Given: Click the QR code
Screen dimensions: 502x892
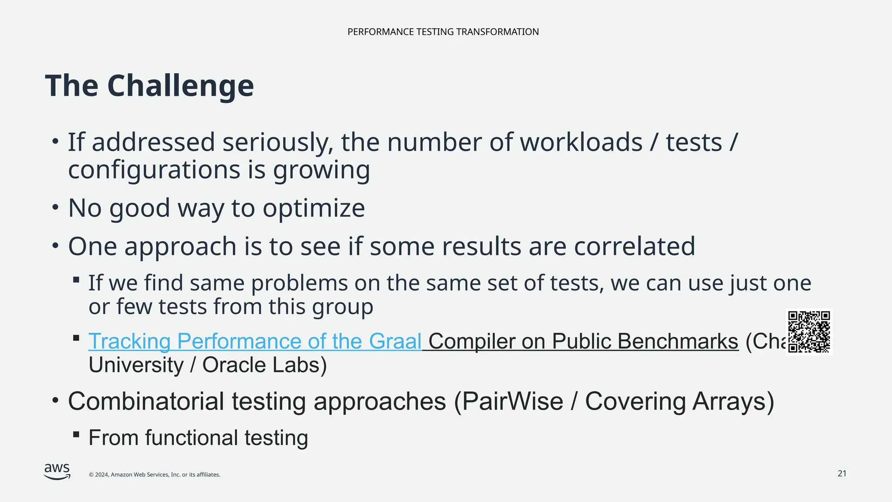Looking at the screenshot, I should [x=809, y=332].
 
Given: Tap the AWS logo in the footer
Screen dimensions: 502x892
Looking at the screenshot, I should [x=57, y=471].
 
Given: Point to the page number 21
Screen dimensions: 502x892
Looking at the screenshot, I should [x=842, y=474].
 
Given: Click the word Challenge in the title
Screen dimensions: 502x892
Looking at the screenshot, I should [x=180, y=86].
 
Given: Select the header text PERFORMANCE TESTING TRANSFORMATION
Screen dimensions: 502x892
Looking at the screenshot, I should [x=443, y=32].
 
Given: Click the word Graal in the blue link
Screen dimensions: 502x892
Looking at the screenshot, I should [x=395, y=341].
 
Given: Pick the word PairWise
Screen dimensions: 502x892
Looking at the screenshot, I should [x=512, y=401].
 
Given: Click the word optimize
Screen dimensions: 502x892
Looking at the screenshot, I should [x=314, y=208].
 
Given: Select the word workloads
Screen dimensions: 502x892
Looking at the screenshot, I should [x=581, y=142].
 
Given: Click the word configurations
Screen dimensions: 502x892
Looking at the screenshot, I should [x=154, y=170].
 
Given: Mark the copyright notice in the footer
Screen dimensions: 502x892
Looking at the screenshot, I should [x=154, y=475].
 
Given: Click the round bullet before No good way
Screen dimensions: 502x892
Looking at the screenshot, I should [x=55, y=208].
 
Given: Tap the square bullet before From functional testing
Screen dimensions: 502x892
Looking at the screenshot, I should [x=76, y=434].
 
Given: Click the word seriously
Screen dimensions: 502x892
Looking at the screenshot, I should [x=278, y=143].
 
